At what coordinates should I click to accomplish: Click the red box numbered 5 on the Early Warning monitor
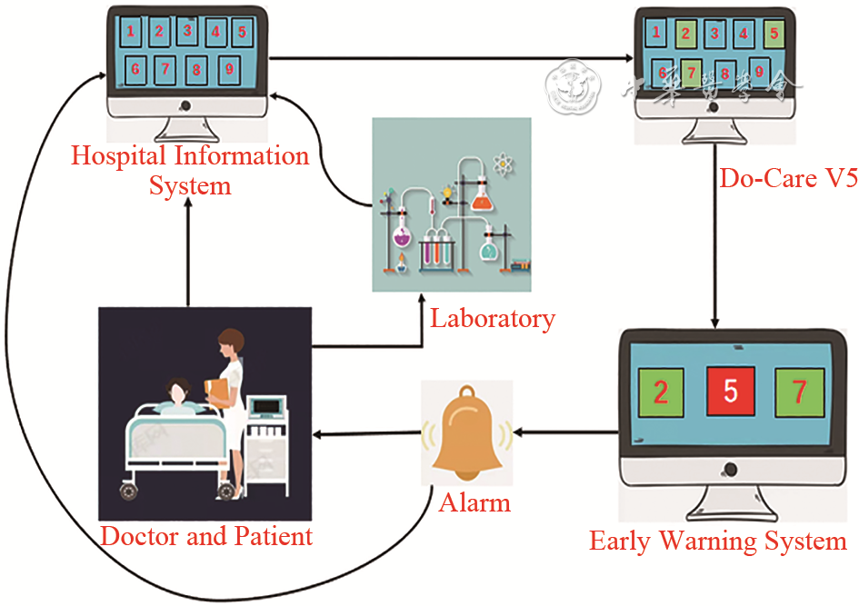tap(730, 392)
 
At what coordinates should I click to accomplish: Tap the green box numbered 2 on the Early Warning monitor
tap(661, 392)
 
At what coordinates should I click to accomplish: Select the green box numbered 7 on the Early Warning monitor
tap(799, 392)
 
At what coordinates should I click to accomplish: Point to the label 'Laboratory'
tap(492, 319)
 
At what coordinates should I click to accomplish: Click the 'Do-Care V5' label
tap(788, 178)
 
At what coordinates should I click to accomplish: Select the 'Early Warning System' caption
tap(718, 542)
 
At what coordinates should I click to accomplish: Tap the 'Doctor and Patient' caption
tap(206, 536)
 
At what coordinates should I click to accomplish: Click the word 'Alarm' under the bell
tap(474, 502)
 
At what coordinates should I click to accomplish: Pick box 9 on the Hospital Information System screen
tap(229, 69)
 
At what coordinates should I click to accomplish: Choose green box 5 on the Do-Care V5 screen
tap(774, 34)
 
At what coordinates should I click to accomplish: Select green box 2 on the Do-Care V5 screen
tap(686, 35)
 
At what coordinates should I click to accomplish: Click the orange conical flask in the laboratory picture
tap(481, 195)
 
